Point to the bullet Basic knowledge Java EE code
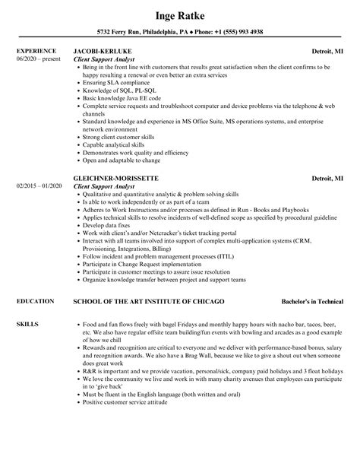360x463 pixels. pos(122,98)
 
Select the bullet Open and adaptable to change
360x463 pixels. pos(122,160)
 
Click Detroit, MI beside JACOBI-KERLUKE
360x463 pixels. pos(327,52)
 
